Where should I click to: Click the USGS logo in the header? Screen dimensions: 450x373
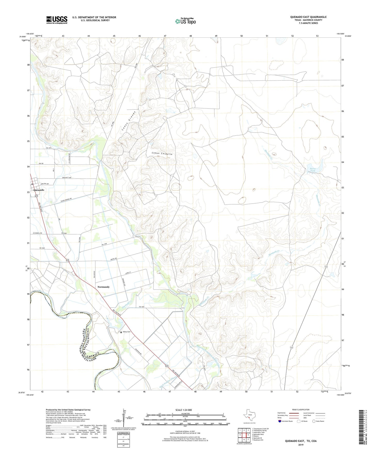pyautogui.click(x=57, y=20)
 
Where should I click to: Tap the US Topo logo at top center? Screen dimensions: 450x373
pyautogui.click(x=185, y=21)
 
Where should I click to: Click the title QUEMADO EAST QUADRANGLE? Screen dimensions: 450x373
pyautogui.click(x=308, y=17)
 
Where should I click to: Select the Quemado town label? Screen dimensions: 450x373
pyautogui.click(x=39, y=190)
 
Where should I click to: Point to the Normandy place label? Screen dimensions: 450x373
pyautogui.click(x=104, y=287)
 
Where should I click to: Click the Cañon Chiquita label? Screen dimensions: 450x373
pyautogui.click(x=162, y=154)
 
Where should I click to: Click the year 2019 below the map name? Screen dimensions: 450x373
pyautogui.click(x=301, y=445)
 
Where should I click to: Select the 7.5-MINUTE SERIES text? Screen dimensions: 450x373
pyautogui.click(x=308, y=23)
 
